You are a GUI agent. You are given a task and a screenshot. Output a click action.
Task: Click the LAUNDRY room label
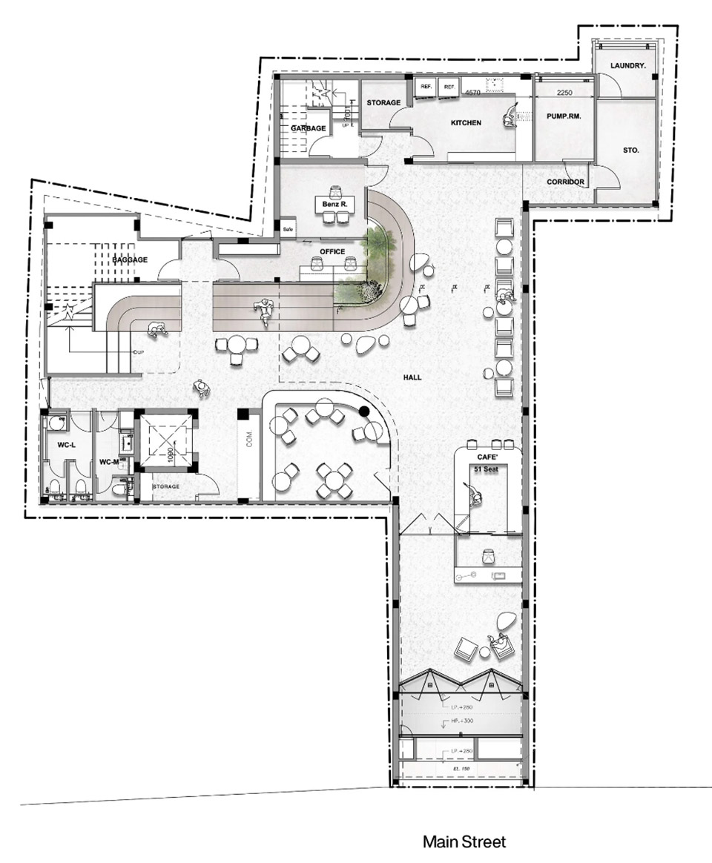tap(628, 66)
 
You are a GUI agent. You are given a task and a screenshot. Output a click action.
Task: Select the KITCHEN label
tap(467, 122)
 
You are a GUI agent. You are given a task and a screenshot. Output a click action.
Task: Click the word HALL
tap(412, 377)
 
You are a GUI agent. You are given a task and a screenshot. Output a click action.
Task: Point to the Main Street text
tap(464, 842)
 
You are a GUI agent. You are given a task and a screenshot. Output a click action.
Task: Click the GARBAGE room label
tap(308, 128)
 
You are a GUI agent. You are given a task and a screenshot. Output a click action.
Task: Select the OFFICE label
tap(332, 252)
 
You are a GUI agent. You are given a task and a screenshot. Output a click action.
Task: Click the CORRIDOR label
tap(566, 182)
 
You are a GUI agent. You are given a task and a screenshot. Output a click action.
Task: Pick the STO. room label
tap(631, 151)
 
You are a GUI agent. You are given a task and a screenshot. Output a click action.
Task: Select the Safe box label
tap(288, 228)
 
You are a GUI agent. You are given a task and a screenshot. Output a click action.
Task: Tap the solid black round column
tap(365, 411)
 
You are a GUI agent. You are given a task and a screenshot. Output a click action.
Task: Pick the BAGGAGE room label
tap(131, 260)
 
